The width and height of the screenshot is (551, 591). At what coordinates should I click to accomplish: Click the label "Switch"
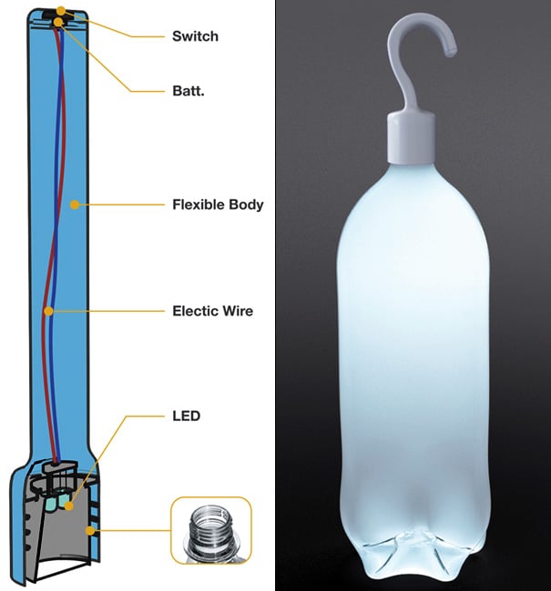[195, 37]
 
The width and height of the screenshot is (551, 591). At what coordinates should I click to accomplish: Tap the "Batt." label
[189, 90]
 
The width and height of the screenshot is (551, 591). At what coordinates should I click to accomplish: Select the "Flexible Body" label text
[218, 205]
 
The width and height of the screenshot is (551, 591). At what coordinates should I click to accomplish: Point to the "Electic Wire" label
[212, 311]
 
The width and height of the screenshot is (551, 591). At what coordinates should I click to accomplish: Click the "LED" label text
[186, 416]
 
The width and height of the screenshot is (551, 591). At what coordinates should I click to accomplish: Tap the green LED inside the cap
[57, 501]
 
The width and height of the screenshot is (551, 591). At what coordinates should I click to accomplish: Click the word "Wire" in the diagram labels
[236, 311]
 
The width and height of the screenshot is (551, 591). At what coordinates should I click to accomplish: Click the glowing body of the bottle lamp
[414, 346]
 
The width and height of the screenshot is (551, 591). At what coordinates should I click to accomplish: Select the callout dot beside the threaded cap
[90, 528]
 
